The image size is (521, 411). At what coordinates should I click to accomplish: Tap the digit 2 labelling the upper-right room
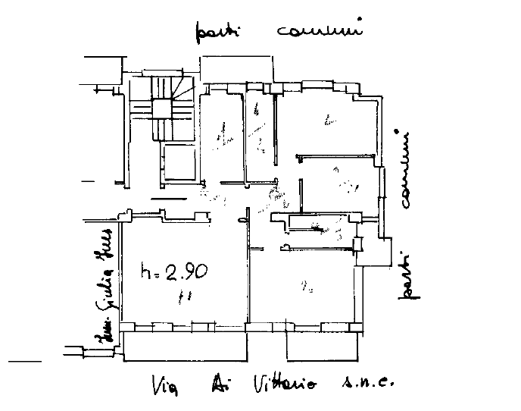328,118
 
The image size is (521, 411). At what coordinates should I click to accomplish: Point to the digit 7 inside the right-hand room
301,180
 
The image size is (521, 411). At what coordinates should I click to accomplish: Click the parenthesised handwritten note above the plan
219,32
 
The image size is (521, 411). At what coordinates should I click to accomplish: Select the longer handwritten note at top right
317,31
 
